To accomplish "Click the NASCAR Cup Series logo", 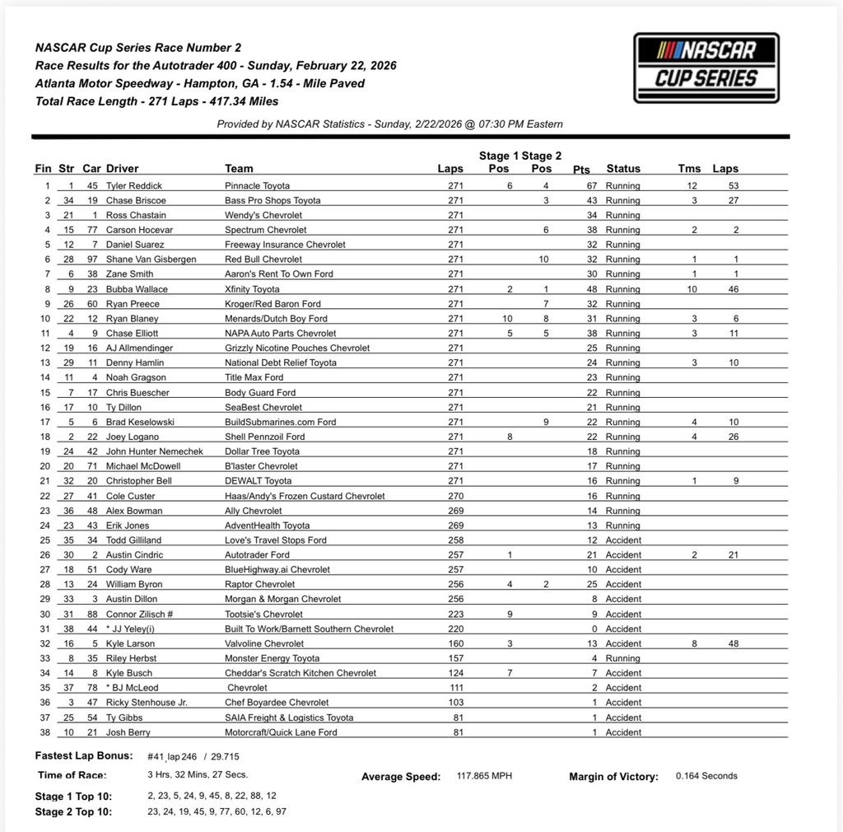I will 706,68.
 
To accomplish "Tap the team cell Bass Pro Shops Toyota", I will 272,201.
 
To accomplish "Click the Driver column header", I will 123,169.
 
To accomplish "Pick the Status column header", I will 623,169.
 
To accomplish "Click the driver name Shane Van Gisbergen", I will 151,259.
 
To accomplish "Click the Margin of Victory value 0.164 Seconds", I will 706,776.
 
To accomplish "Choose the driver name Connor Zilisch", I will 139,614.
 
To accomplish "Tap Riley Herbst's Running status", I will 622,658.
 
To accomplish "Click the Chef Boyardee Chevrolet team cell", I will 277,703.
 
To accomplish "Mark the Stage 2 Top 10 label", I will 74,811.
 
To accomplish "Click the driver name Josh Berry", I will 129,732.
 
